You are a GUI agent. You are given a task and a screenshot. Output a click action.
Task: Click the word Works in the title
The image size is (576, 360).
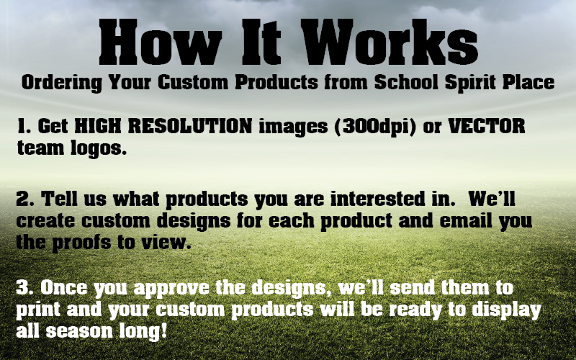click(x=390, y=42)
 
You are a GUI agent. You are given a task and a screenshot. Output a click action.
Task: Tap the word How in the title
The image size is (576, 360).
click(x=160, y=42)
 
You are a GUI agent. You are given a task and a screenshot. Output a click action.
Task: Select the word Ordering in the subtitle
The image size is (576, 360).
click(x=62, y=83)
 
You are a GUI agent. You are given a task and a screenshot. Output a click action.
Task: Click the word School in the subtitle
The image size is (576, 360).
click(x=406, y=82)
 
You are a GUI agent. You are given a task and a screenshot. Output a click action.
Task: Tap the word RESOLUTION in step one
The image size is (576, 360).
click(x=190, y=126)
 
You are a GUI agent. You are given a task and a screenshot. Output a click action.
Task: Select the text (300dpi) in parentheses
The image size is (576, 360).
click(x=375, y=127)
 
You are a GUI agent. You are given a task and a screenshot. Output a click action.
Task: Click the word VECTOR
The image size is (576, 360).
click(x=487, y=126)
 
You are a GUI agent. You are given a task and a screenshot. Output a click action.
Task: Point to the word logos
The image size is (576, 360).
click(x=98, y=149)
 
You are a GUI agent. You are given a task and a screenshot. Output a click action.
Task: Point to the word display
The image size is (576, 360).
click(x=506, y=310)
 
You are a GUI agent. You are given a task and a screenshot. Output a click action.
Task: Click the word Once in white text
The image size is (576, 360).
click(x=64, y=287)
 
